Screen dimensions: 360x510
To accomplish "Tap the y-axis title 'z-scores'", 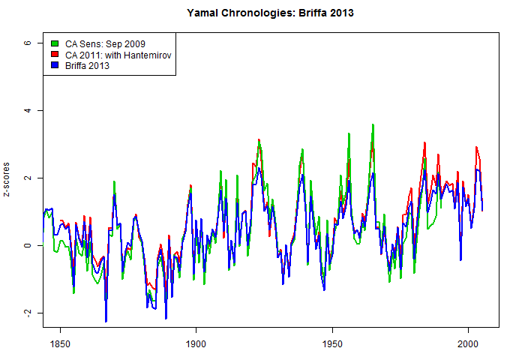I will click(7, 178).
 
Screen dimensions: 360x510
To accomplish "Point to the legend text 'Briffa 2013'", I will click(88, 65).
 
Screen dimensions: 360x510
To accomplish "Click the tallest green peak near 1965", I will click(373, 125).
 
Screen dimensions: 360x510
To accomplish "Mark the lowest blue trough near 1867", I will click(106, 321).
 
